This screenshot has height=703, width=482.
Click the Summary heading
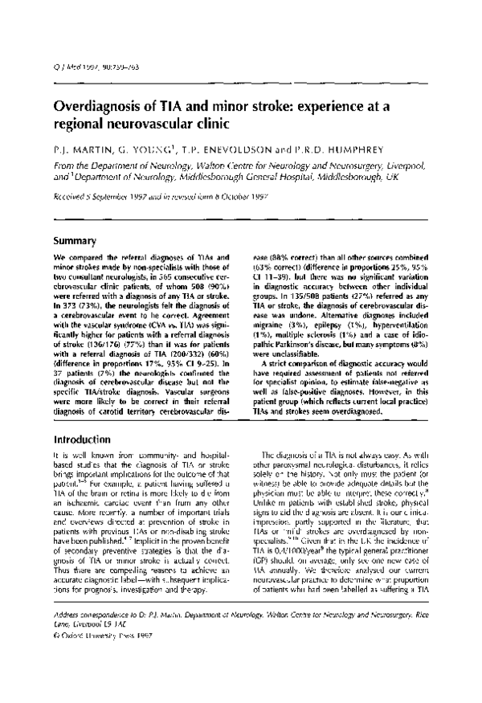(x=75, y=240)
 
